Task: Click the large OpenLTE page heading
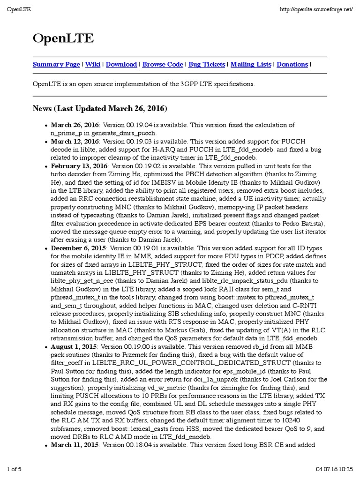click(63, 39)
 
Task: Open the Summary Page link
click(56, 65)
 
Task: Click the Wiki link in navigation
click(93, 65)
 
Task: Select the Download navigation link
click(121, 65)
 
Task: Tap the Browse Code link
click(163, 65)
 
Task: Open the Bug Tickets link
click(207, 65)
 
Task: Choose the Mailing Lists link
click(251, 65)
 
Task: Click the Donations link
click(292, 65)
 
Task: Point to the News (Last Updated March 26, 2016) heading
click(100, 109)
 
